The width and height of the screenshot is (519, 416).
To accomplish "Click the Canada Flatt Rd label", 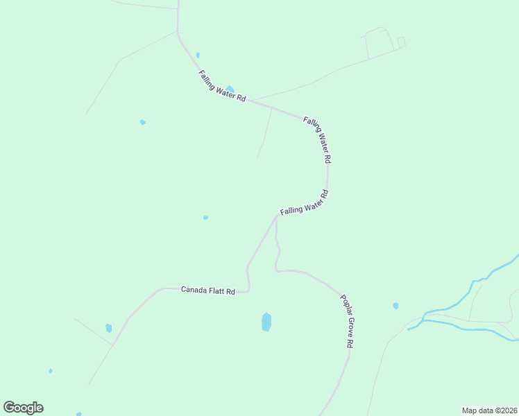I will pyautogui.click(x=208, y=290).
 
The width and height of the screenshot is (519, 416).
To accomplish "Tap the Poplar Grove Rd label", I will pyautogui.click(x=348, y=322).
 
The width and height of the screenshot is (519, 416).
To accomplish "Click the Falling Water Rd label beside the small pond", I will pyautogui.click(x=222, y=87).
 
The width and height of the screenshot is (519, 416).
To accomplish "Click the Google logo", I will pyautogui.click(x=23, y=408).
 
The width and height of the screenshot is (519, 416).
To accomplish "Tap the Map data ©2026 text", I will pyautogui.click(x=489, y=410).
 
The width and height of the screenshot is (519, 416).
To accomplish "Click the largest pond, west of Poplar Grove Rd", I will pyautogui.click(x=266, y=322).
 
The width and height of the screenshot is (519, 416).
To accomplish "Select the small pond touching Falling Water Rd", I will pyautogui.click(x=230, y=89).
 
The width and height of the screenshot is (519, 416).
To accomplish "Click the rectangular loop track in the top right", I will pyautogui.click(x=379, y=43).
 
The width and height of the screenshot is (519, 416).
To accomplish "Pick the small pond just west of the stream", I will pyautogui.click(x=395, y=305).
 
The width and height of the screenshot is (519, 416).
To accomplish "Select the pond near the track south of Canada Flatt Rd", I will pyautogui.click(x=108, y=328).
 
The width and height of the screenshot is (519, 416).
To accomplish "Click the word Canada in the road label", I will pyautogui.click(x=194, y=289).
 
